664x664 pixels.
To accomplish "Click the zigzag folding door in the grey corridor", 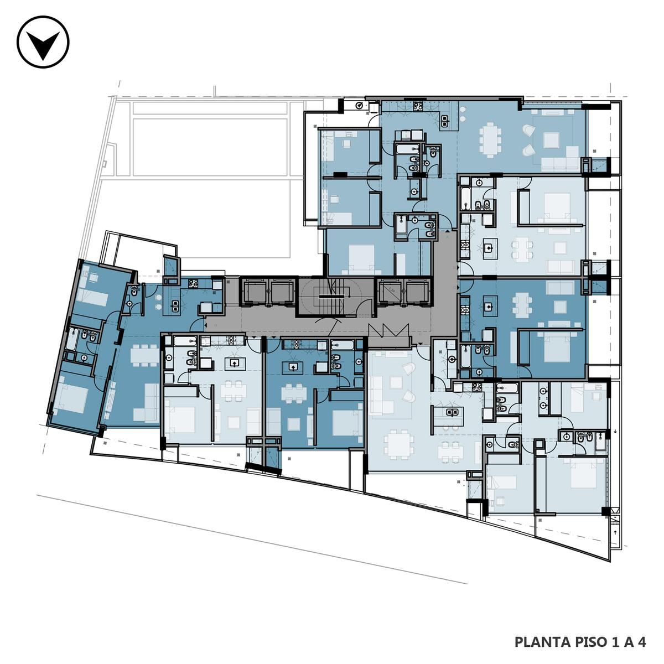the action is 388,330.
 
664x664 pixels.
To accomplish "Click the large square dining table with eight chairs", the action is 399,445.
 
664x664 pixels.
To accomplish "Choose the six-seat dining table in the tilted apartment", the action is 145,355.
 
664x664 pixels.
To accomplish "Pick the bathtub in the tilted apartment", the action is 72,339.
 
